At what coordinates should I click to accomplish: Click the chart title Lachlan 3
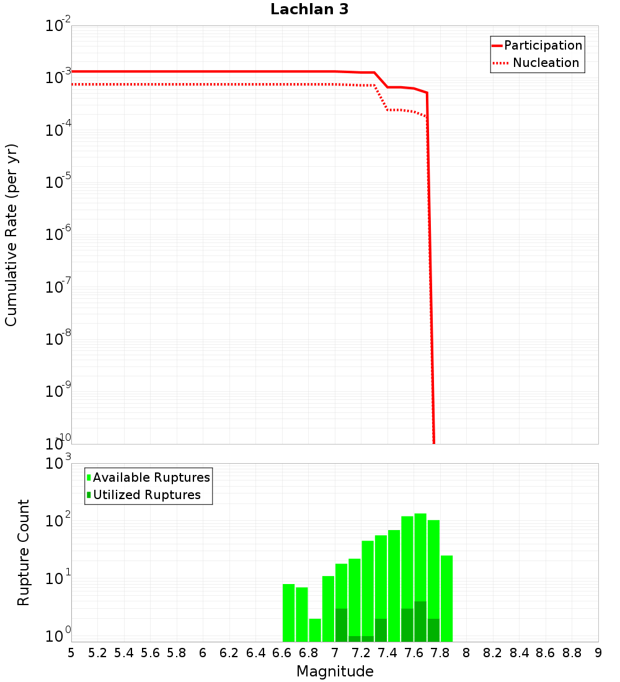click(309, 9)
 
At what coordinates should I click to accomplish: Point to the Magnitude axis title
click(335, 671)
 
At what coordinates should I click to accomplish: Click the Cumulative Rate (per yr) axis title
click(11, 234)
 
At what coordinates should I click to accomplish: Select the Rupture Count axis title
click(24, 552)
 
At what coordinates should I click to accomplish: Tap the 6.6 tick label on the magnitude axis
click(282, 653)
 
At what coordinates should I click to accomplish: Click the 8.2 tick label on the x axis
click(493, 653)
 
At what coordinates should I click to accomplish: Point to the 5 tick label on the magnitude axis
click(71, 653)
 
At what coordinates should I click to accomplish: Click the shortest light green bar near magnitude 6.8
click(315, 630)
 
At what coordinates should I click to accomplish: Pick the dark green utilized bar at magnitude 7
click(341, 625)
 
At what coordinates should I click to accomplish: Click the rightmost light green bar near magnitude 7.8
click(446, 598)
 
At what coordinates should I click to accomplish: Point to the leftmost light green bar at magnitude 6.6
click(288, 613)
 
